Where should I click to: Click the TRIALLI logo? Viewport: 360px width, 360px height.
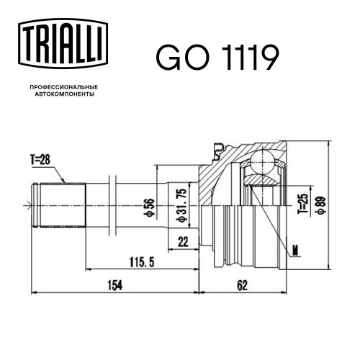click(63, 43)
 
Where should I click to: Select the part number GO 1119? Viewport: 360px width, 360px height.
click(217, 58)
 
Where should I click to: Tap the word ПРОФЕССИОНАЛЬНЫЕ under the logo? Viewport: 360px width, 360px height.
click(64, 87)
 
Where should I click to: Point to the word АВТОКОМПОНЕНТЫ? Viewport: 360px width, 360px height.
click(65, 94)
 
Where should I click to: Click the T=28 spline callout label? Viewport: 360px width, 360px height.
click(40, 160)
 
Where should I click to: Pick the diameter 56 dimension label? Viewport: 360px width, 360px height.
click(150, 207)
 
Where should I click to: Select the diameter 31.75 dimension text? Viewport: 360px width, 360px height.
click(181, 204)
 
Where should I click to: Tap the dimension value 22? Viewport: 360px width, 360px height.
click(183, 242)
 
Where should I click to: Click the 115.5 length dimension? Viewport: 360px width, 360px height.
click(142, 262)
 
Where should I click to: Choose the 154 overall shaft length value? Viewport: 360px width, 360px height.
click(115, 286)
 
